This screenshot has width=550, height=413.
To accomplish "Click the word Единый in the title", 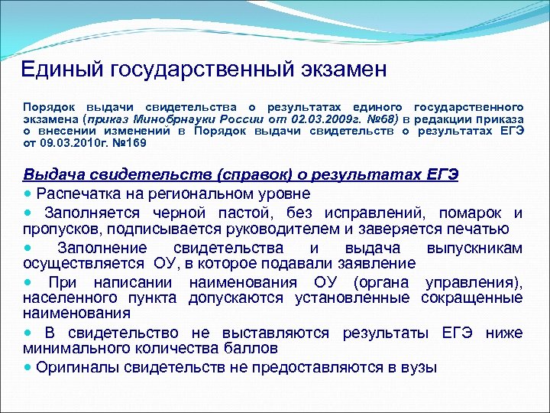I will pyautogui.click(x=62, y=70).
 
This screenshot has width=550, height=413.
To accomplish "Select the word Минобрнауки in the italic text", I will pyautogui.click(x=172, y=119).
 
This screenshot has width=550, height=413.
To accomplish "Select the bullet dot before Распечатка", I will pyautogui.click(x=27, y=193).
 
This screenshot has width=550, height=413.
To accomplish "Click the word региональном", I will pyautogui.click(x=199, y=193).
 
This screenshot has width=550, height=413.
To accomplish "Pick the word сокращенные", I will pyautogui.click(x=471, y=298).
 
